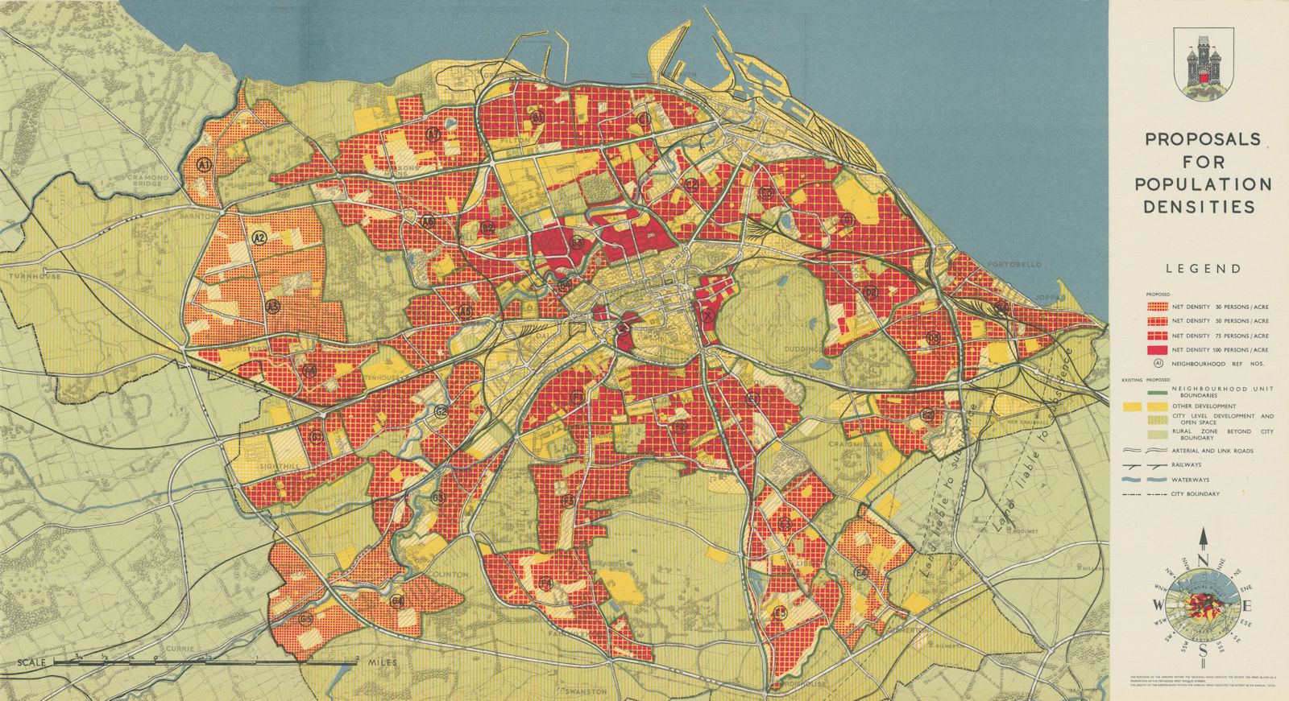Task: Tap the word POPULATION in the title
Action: pos(1203,184)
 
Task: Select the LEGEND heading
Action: pos(1202,269)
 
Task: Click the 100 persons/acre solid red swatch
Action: pos(1156,350)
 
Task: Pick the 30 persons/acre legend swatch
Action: pos(1156,307)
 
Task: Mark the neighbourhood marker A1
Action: pos(204,165)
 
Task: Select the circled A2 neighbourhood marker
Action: pos(259,237)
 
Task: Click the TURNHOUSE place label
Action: pos(35,276)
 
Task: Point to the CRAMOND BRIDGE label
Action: pos(146,181)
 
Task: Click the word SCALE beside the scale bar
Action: pos(31,662)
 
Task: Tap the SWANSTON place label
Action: pos(585,691)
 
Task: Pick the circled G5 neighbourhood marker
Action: pos(305,619)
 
